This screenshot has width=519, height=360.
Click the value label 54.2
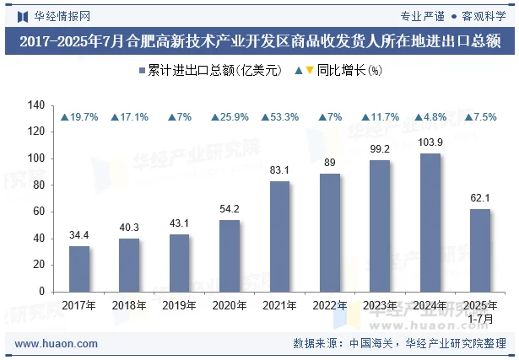[230, 208]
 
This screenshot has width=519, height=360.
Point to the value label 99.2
[380, 148]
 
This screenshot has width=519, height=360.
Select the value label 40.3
[129, 227]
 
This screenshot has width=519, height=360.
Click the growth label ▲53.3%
[279, 117]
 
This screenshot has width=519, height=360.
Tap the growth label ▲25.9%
[230, 117]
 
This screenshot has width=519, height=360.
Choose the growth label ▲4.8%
[430, 117]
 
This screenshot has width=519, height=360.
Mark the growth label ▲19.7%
[79, 117]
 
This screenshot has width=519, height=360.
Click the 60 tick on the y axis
[38, 212]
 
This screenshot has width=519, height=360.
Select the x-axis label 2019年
[180, 305]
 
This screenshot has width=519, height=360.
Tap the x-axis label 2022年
[330, 305]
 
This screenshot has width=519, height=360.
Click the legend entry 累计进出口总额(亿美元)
[208, 72]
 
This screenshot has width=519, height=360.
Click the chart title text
[259, 40]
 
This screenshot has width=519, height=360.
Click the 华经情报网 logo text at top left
[55, 14]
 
